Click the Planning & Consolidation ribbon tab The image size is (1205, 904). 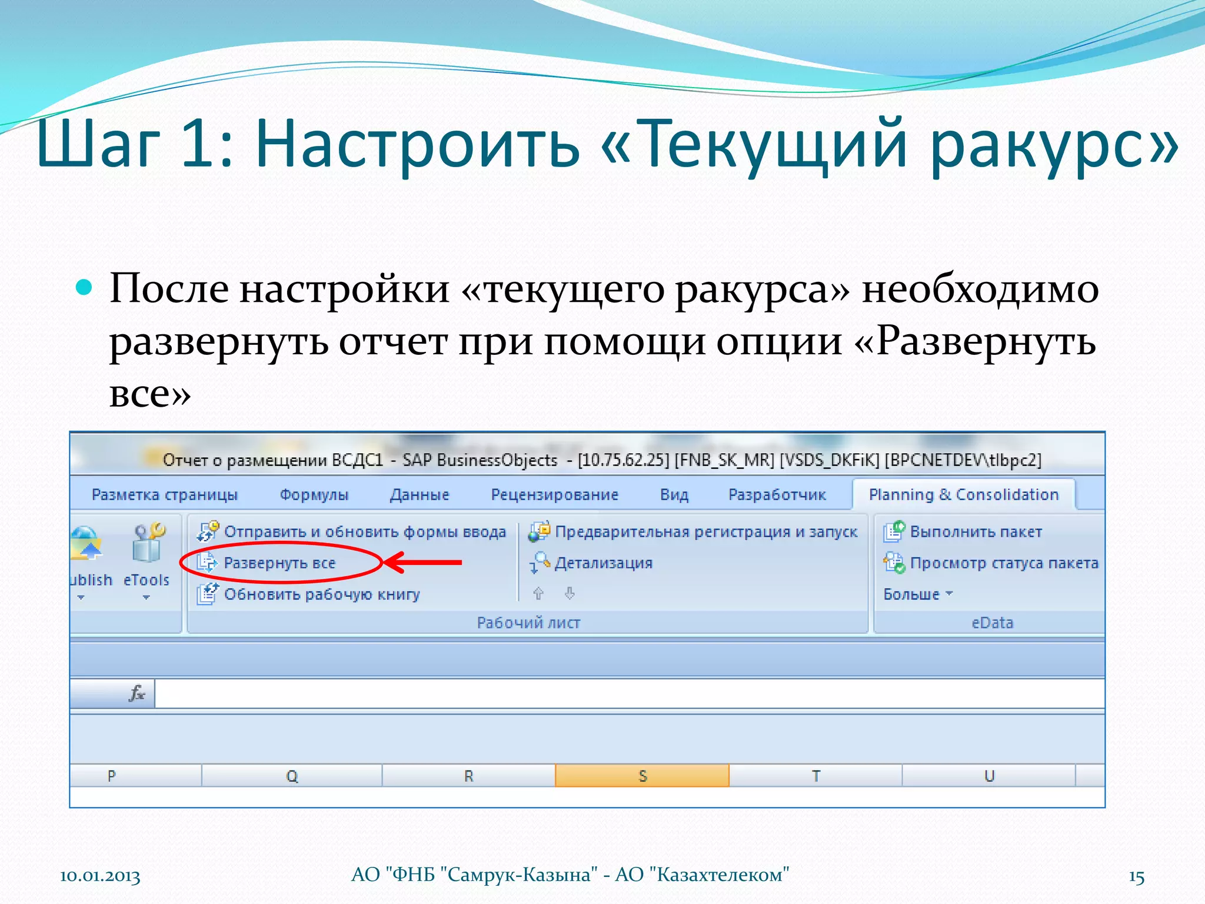(963, 495)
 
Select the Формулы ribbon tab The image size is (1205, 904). (314, 495)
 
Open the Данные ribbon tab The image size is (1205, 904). (419, 495)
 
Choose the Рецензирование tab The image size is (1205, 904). (554, 495)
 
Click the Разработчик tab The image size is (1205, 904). (777, 495)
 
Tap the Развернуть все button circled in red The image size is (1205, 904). (279, 563)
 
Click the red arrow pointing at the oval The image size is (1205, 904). (424, 563)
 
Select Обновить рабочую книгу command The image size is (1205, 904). (321, 594)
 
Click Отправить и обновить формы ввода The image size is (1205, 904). (364, 532)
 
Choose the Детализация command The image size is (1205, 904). (603, 563)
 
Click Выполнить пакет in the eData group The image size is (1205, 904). (975, 532)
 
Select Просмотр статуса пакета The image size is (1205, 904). (1003, 563)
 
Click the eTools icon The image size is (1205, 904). (147, 544)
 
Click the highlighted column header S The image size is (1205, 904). (642, 776)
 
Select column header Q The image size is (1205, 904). (292, 776)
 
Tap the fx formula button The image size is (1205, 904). (137, 693)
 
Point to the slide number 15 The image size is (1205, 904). (1136, 877)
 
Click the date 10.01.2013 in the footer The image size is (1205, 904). (100, 876)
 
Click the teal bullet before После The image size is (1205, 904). (85, 287)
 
